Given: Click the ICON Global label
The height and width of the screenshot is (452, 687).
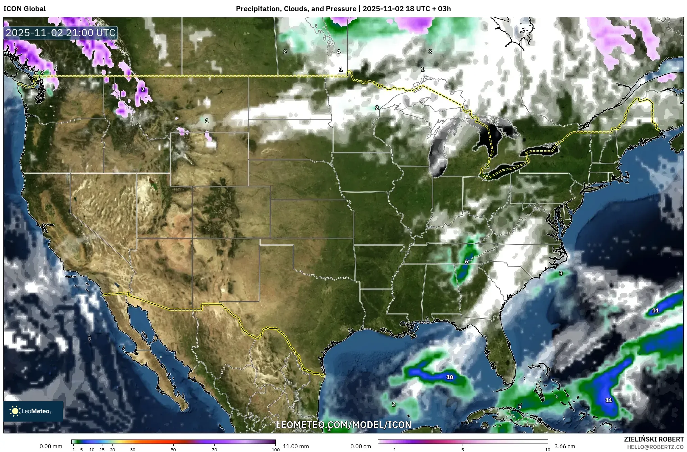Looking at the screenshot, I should click(x=24, y=9).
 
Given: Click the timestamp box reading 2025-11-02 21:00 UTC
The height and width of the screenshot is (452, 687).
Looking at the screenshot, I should click(x=60, y=33).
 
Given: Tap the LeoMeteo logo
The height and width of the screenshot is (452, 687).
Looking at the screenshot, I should click(x=33, y=411).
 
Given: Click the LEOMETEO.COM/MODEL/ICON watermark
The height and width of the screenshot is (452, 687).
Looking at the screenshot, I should click(x=343, y=425).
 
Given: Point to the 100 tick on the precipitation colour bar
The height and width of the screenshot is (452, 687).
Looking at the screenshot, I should click(x=275, y=449).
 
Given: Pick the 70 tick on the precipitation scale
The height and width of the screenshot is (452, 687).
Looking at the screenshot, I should click(x=214, y=449).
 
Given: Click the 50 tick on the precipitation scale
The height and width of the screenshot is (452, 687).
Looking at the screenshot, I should click(x=173, y=449).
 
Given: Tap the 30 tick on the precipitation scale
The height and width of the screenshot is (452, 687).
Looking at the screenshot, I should click(x=133, y=449).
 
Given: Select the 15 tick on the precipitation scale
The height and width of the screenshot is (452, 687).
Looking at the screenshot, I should click(x=102, y=449).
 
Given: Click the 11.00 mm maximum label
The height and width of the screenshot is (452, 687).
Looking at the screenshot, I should click(x=295, y=446).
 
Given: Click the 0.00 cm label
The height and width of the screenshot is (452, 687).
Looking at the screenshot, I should click(x=361, y=446).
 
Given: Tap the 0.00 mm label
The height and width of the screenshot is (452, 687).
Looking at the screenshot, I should click(x=51, y=446).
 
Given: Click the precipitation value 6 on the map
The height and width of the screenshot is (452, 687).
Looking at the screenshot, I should click(x=466, y=261).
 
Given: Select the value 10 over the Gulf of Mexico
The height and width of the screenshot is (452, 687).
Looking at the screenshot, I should click(x=449, y=377).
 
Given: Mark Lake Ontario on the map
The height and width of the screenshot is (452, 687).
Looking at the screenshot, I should click(x=541, y=150).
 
